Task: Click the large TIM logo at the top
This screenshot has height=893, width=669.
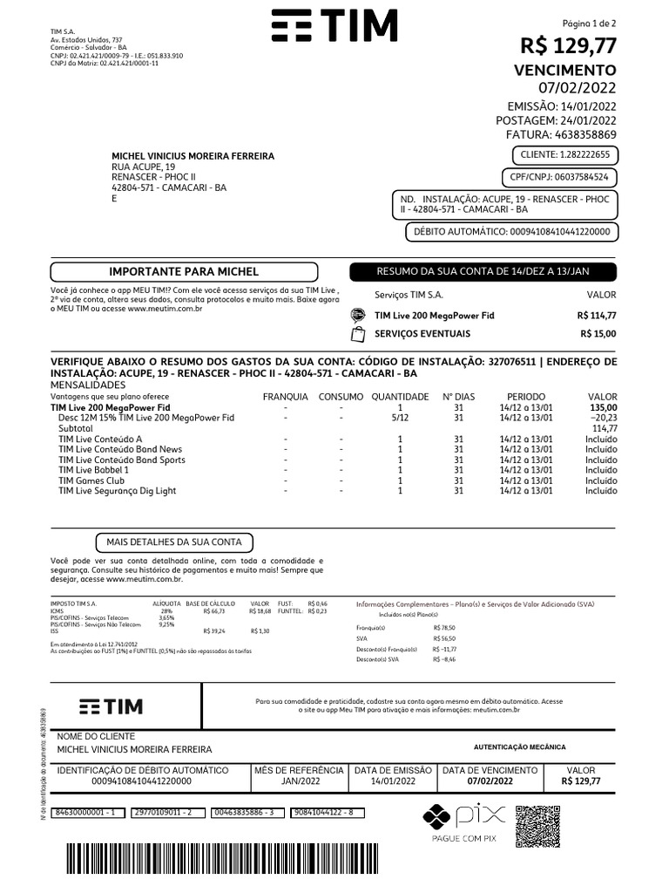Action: [x=334, y=27]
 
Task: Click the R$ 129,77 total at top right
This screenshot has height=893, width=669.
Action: [x=568, y=45]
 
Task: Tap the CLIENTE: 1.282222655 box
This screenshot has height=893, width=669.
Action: [x=564, y=155]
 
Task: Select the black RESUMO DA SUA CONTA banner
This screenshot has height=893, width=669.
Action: [x=483, y=272]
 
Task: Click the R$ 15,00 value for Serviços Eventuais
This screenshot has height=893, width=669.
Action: [x=598, y=334]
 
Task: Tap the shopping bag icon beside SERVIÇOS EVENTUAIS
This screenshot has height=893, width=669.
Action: [x=357, y=334]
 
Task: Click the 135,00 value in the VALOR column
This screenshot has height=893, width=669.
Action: [x=603, y=407]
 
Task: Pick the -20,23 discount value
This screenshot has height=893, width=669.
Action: [x=602, y=418]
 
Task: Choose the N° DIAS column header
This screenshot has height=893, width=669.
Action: [x=458, y=397]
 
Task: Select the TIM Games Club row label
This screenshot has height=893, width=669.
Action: [x=91, y=481]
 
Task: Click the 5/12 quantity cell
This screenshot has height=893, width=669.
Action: [x=400, y=418]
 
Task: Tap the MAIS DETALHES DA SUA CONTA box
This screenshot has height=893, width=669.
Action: [x=173, y=542]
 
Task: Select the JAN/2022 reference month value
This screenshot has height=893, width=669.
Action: [x=298, y=781]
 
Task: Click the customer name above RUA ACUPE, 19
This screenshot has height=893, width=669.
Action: [x=193, y=156]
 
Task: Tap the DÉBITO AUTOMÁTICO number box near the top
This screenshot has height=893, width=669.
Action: [x=511, y=232]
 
